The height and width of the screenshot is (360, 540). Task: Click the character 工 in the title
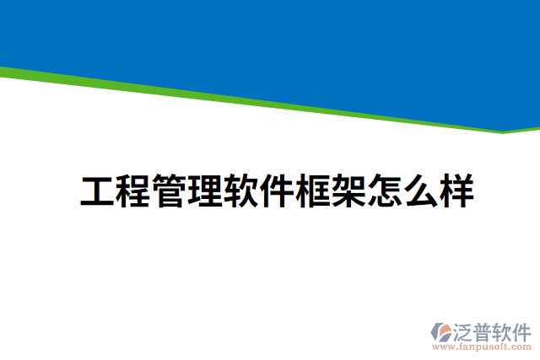click(x=98, y=192)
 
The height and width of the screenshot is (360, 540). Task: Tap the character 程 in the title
click(x=134, y=192)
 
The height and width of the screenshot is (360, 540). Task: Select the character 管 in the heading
click(x=170, y=192)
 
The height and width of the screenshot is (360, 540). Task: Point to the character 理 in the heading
click(x=205, y=192)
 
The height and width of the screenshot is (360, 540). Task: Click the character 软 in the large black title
click(x=241, y=192)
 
